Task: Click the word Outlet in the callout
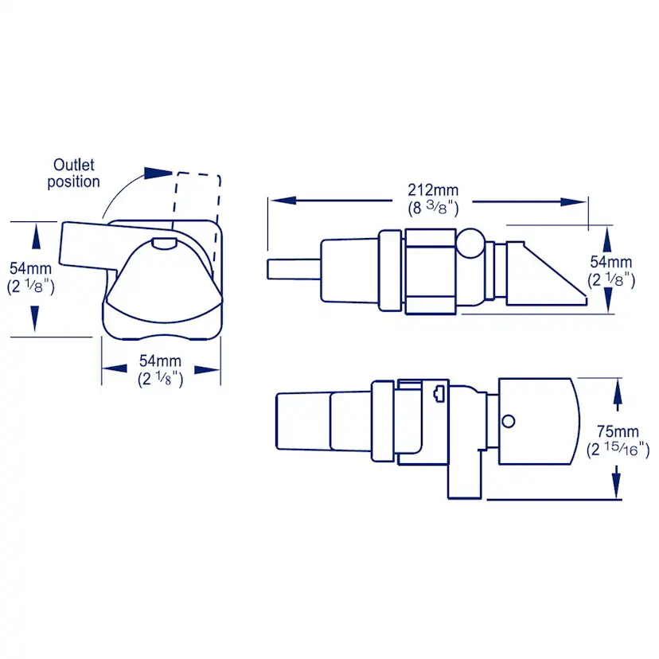(73, 165)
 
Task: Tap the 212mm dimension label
(433, 190)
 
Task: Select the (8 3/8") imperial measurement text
(433, 208)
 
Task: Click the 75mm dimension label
(618, 431)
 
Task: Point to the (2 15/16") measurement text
(618, 449)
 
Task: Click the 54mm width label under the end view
(160, 361)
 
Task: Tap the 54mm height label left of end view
(31, 268)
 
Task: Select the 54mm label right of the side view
(610, 262)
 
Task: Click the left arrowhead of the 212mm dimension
(283, 200)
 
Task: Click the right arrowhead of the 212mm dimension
(573, 201)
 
